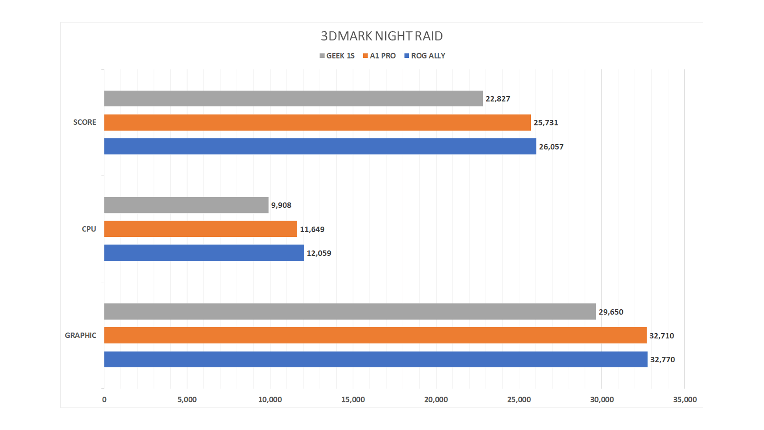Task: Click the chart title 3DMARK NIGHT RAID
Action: (382, 36)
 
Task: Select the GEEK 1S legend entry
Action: (337, 56)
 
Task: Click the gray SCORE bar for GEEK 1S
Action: (293, 98)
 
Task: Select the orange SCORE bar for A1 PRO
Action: (317, 122)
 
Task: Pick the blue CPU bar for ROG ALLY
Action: (204, 253)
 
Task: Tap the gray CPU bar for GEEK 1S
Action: (186, 205)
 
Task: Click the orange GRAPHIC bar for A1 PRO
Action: (375, 335)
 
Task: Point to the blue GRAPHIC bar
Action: (376, 359)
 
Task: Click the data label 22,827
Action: (498, 99)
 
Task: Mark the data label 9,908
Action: (281, 205)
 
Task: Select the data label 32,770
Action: (663, 360)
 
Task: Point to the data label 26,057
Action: (551, 147)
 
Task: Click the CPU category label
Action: (89, 229)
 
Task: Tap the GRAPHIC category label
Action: (80, 335)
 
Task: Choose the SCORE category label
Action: (84, 122)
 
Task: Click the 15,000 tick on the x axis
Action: (353, 399)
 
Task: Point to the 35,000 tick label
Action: (685, 399)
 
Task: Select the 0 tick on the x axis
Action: (104, 399)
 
